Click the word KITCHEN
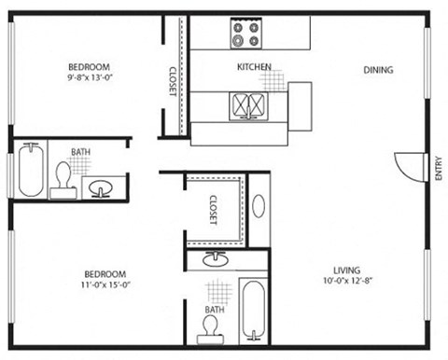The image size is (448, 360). click(254, 67)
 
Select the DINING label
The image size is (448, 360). click(378, 69)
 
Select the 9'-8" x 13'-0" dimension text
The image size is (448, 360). click(90, 78)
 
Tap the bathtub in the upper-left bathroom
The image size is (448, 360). click(27, 170)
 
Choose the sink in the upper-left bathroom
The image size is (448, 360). click(101, 187)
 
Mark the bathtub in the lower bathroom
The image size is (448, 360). click(251, 310)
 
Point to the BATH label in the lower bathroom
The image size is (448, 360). click(214, 309)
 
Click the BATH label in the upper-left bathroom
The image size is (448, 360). click(81, 153)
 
